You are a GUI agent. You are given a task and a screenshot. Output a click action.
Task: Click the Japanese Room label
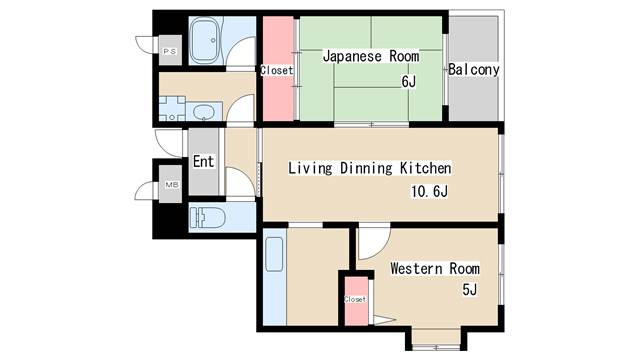tap(371, 56)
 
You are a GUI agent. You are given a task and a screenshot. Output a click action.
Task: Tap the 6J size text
tap(408, 82)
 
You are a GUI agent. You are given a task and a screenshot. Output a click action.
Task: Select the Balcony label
tap(473, 69)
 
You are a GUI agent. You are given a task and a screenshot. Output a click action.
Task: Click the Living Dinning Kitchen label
tap(370, 168)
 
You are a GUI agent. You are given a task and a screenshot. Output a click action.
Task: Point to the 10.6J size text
tap(429, 191)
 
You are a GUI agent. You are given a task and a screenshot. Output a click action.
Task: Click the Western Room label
tap(435, 269)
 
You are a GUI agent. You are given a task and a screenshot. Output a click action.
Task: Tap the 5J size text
tap(469, 289)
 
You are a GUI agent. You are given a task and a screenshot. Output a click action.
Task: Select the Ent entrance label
tap(203, 161)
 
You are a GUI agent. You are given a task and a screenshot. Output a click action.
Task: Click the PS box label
tap(170, 51)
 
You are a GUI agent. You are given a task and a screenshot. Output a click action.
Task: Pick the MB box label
tap(171, 185)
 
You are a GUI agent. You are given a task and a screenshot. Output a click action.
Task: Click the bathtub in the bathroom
tap(207, 40)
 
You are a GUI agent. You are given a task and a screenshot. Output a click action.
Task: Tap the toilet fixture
tap(208, 218)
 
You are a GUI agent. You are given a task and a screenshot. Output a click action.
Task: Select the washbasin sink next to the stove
tap(203, 111)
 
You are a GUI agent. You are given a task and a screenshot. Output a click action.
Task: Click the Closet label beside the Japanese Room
tap(277, 71)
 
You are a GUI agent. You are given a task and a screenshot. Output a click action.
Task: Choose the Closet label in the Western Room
tap(355, 299)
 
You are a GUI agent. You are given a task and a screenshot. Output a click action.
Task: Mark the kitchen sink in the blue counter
tap(274, 254)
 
